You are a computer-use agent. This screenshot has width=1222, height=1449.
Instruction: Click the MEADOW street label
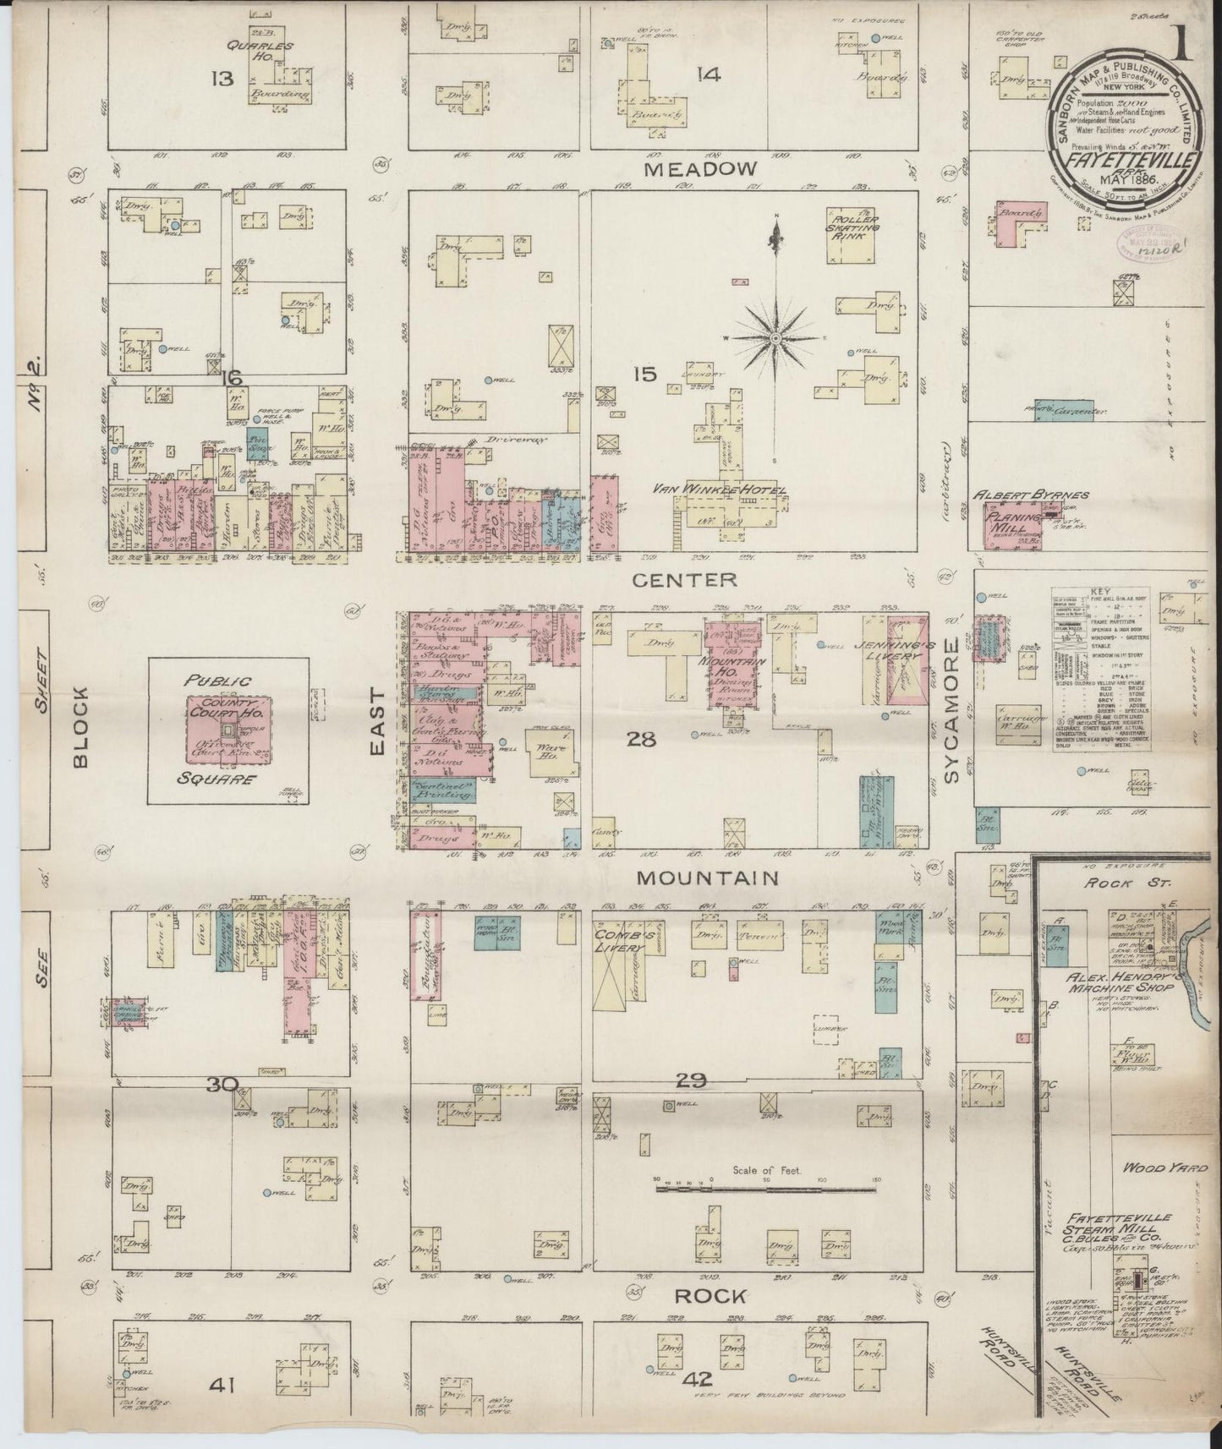[699, 169]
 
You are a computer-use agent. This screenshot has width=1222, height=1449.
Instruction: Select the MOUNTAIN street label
[707, 878]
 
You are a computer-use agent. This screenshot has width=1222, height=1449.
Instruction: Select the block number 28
[640, 740]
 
